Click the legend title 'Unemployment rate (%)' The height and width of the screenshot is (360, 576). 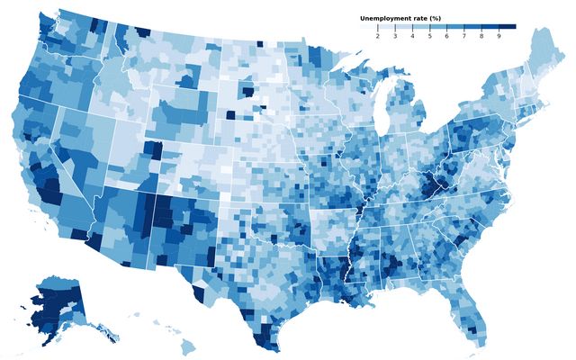point(400,18)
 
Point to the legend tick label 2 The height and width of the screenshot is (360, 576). point(377,36)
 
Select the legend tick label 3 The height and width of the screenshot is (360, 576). point(395,36)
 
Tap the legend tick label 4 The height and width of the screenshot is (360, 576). point(412,36)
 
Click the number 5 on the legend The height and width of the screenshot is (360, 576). point(429,36)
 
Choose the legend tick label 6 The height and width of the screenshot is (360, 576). point(446,36)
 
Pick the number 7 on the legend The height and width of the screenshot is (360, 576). point(464,36)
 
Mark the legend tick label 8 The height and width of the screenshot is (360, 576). point(481,36)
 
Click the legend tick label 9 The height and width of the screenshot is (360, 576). point(499,36)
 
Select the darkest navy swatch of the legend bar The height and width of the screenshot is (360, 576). point(508,27)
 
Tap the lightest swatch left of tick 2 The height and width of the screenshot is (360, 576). point(368,27)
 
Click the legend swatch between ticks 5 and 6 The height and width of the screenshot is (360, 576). point(438,27)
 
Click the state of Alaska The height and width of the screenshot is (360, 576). point(54,306)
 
